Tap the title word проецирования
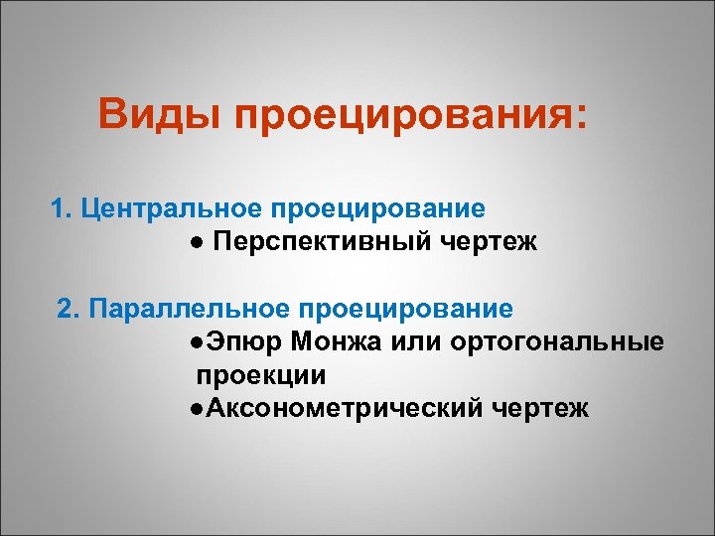409,119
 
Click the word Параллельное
187,309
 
